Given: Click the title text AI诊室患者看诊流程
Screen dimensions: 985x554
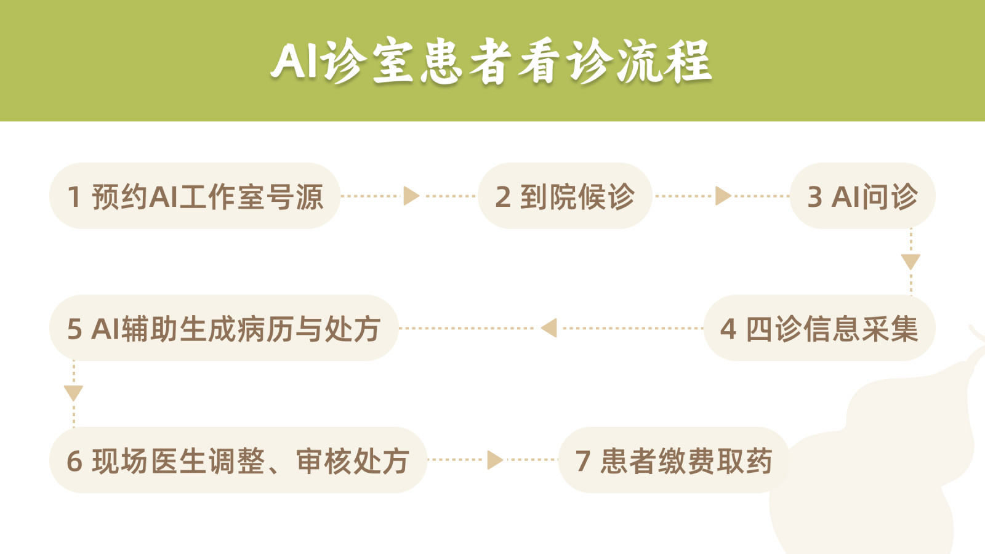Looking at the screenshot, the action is (x=491, y=61).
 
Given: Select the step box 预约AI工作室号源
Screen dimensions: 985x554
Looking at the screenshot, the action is (x=195, y=196).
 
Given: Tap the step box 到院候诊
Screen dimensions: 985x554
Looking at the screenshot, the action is (x=565, y=196).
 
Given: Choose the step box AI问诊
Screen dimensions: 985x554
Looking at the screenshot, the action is (x=862, y=196).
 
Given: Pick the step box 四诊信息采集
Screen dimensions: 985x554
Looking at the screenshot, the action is (x=819, y=328).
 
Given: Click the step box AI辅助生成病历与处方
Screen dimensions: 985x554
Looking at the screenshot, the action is (x=224, y=328).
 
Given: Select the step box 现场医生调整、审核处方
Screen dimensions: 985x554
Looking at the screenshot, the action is (x=238, y=460).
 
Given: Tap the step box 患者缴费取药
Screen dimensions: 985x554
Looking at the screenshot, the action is (x=673, y=460).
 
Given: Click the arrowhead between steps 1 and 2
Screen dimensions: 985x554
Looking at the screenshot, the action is (x=411, y=196).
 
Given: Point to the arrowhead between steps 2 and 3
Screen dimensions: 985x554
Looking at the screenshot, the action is (x=723, y=196).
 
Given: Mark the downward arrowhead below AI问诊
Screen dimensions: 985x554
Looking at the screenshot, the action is (x=911, y=262).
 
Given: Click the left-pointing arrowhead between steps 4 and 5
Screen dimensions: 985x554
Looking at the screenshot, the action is (x=549, y=328).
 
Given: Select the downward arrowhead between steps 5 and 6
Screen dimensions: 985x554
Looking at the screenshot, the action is (x=73, y=393).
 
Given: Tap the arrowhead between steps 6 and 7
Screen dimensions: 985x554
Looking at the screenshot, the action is (x=495, y=460).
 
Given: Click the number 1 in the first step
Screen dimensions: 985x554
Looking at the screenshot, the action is (x=74, y=196).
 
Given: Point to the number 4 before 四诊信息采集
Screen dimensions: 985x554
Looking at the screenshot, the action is (x=728, y=329).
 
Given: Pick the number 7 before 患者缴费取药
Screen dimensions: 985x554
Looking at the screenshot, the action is (x=582, y=461).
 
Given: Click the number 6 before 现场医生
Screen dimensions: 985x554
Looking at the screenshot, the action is (x=74, y=461).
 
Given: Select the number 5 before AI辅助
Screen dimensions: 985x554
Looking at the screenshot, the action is (x=74, y=329).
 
